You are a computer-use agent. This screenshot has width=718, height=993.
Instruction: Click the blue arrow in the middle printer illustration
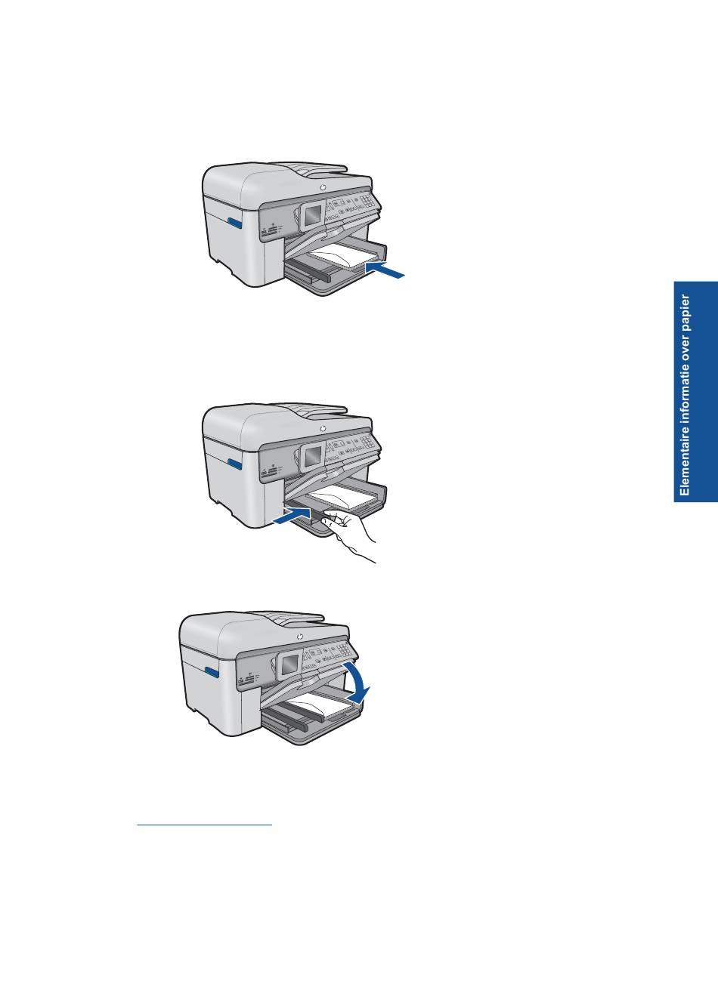click(x=292, y=516)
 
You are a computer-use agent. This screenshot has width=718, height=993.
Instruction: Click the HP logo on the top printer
click(x=323, y=188)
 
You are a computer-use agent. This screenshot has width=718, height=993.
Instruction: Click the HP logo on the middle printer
click(x=323, y=429)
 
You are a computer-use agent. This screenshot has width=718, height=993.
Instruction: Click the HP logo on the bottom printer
click(x=299, y=637)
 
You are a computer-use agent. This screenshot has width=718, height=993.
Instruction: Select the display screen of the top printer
click(x=313, y=215)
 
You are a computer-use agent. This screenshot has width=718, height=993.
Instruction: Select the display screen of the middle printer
click(x=313, y=456)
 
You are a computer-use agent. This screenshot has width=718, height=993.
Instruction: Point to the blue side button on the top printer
click(x=235, y=223)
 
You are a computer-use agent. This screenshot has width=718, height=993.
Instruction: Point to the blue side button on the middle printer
click(x=235, y=464)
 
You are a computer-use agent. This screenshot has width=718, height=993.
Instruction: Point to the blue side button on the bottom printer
click(x=212, y=672)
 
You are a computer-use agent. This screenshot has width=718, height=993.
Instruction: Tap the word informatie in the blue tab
click(x=685, y=391)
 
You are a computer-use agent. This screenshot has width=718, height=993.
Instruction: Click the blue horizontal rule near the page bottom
click(x=205, y=825)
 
